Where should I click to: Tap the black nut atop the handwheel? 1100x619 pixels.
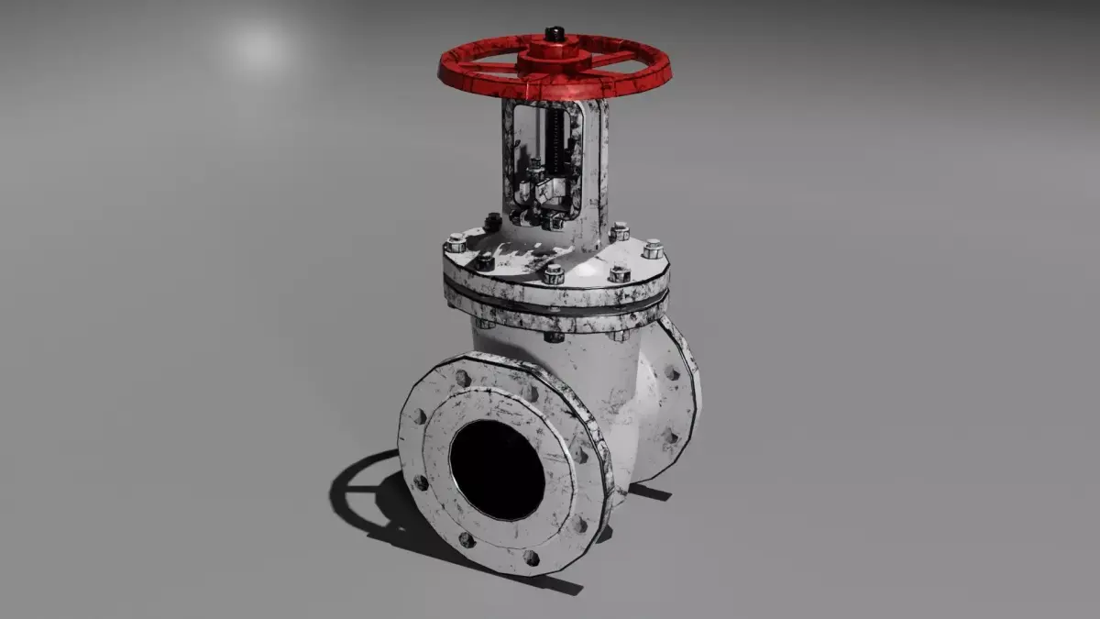554,35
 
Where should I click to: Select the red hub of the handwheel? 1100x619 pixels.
554,56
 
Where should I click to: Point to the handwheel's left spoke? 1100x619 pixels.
486,67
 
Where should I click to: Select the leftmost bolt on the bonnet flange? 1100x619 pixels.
456,243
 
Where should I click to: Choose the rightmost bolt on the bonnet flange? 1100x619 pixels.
653,249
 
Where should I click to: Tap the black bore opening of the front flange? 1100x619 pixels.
498,470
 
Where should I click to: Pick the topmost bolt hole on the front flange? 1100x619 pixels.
462,378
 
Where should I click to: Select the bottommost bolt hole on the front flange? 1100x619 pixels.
531,557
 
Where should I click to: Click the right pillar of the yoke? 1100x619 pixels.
593,165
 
